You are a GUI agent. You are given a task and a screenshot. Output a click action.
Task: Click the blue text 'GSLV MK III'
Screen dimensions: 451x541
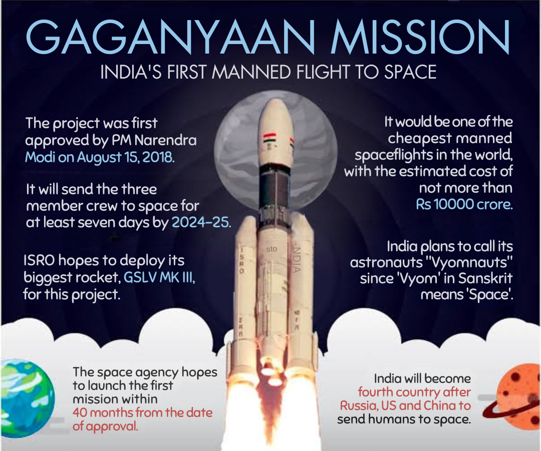160,277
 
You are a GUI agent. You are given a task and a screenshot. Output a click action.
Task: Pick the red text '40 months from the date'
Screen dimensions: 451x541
142,413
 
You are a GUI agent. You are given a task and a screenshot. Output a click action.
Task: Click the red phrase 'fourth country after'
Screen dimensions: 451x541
414,392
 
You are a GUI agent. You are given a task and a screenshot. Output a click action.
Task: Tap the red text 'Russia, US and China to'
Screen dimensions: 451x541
405,405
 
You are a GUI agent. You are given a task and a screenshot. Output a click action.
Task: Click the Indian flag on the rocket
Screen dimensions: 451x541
270,137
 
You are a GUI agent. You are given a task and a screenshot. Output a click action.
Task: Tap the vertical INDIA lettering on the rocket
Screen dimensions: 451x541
297,258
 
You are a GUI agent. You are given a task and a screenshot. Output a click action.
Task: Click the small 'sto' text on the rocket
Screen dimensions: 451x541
272,248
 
